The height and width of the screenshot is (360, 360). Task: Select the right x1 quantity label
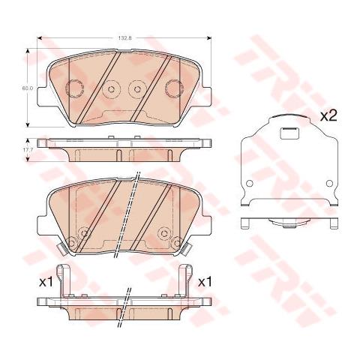pos(203,283)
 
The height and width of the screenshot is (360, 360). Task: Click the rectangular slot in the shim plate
pos(288,135)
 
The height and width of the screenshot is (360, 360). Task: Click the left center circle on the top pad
pos(111,88)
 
